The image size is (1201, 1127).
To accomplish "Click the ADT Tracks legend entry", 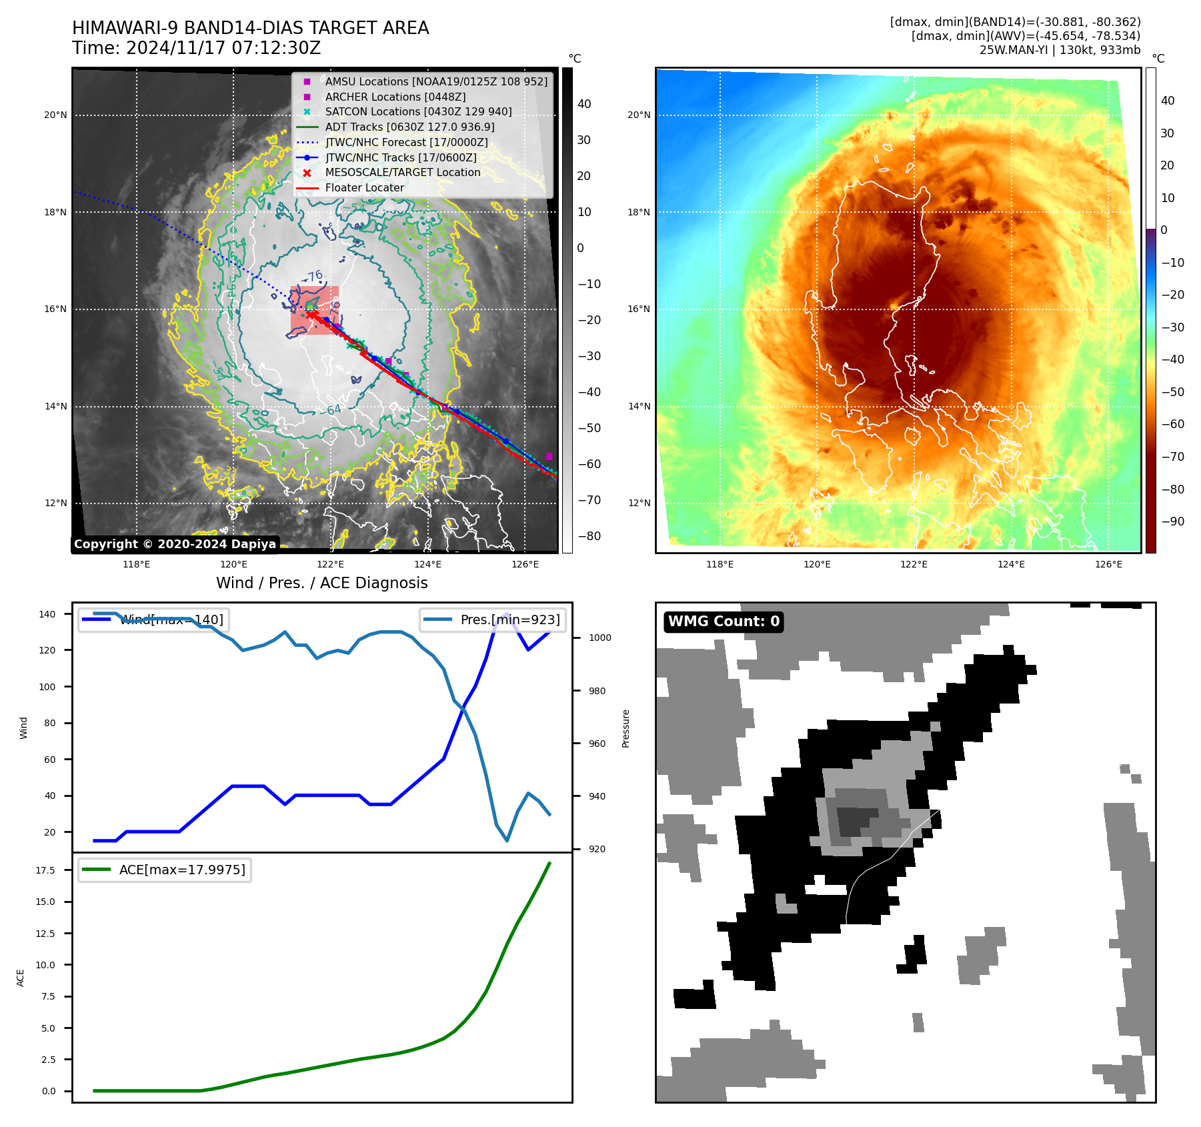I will (409, 127).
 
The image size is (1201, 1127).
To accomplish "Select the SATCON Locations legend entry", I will (418, 112).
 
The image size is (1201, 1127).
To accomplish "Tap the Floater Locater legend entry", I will (364, 188).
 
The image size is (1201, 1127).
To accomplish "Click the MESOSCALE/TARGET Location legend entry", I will (402, 173).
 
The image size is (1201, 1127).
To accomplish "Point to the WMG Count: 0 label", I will (724, 622).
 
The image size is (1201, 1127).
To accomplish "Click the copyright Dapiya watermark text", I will (175, 544).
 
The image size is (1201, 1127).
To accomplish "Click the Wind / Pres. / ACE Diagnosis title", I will (322, 583).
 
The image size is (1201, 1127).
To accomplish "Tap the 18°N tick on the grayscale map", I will (55, 213).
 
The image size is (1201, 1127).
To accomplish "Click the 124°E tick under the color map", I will (1011, 565).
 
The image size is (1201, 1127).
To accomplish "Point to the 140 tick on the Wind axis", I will (47, 614).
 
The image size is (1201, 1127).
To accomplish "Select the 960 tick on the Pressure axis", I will (597, 744).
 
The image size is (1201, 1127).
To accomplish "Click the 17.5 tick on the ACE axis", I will (46, 870).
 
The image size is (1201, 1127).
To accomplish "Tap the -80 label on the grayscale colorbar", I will (589, 536).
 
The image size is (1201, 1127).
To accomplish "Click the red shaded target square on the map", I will (315, 310).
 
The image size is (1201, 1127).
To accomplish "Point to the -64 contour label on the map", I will (333, 409).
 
